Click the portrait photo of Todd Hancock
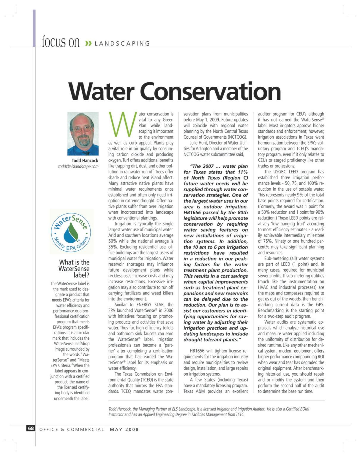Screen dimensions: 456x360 (x=83, y=134)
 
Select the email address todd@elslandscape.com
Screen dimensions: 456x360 (x=78, y=167)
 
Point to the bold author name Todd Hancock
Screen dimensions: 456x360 (x=85, y=161)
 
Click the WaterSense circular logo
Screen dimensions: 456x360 (x=71, y=232)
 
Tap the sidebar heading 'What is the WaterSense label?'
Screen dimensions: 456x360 (x=74, y=268)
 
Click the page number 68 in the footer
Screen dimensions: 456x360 (x=31, y=428)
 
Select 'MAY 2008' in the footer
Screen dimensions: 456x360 (x=124, y=429)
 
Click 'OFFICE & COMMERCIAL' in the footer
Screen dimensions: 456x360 (x=72, y=429)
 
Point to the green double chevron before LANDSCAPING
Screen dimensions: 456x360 (x=88, y=44)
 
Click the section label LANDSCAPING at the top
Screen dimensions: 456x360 (x=122, y=44)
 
